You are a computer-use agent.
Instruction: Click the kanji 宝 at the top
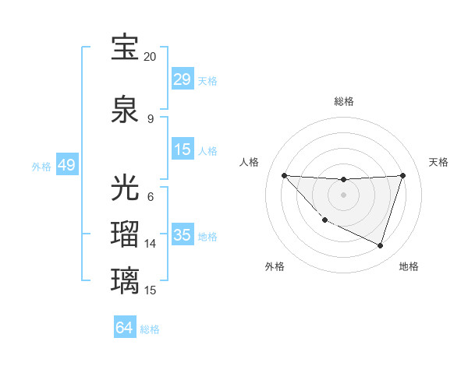coord(126,48)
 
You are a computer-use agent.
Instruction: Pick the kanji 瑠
coord(126,234)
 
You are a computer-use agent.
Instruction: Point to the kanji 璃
coord(126,279)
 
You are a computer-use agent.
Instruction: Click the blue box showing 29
coord(183,79)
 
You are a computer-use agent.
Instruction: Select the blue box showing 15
coord(183,150)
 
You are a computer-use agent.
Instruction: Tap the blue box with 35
coord(183,235)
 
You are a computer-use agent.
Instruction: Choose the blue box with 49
coord(66,165)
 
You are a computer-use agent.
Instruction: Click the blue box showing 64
coord(125,328)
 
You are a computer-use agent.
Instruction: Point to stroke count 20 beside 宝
coord(150,57)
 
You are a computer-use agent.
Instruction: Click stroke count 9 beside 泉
coord(150,118)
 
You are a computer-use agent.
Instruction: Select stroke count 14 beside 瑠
coord(150,244)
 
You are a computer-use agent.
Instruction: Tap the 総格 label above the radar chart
coord(343,101)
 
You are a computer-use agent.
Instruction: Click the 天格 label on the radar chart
coord(438,162)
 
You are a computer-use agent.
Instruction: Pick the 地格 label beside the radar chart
coord(409,266)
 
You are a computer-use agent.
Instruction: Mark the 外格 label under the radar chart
coord(275,266)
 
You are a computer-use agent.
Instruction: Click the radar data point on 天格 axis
coord(403,175)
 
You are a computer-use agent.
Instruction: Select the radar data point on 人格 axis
coord(285,175)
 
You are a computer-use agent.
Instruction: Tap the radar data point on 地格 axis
coord(380,245)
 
